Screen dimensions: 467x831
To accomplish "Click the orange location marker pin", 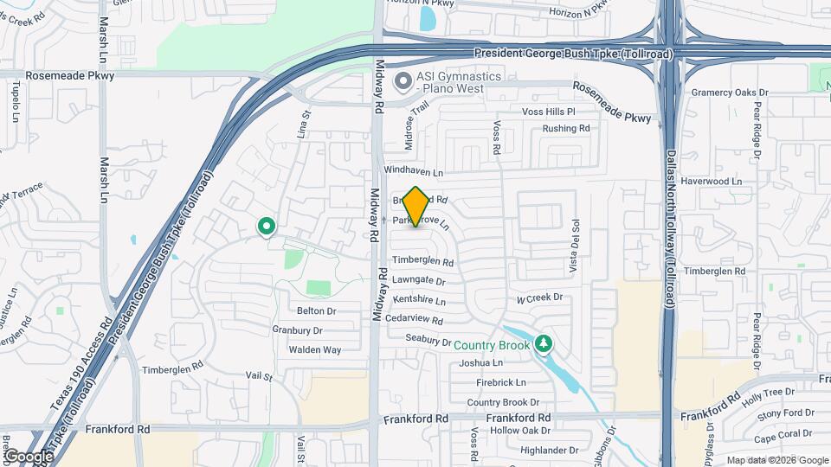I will coord(416,207).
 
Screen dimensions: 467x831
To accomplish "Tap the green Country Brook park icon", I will coord(544,344).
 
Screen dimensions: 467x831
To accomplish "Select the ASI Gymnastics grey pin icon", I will coord(403,83).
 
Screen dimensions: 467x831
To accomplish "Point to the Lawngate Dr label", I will coord(418,281).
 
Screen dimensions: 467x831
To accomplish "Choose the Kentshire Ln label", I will coord(419,301).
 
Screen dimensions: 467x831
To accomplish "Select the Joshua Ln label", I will coord(482,363).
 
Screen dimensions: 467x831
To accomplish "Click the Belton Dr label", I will coord(315,310).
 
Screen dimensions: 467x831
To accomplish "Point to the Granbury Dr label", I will coord(297,329).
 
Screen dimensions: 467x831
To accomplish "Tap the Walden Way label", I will coord(314,349).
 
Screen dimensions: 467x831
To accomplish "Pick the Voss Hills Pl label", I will coord(548,112).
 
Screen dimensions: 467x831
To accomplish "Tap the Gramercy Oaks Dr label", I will coord(729,93).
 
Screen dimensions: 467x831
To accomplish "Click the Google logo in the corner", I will coord(29,456).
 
